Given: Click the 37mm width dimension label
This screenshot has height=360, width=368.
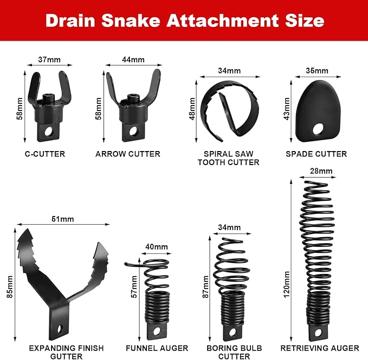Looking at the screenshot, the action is click(49, 60).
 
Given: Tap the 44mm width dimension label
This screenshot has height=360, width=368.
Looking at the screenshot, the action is click(133, 60).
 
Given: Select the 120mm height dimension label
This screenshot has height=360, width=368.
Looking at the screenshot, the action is click(287, 285).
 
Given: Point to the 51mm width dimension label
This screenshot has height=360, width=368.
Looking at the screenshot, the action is click(63, 219).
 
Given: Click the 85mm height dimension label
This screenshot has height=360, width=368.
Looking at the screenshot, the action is click(9, 287).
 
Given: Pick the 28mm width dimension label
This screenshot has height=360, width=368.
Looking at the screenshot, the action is click(321, 171).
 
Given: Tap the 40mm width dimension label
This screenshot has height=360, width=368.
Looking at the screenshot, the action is click(157, 247).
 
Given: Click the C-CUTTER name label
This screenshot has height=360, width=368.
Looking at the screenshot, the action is click(45, 154).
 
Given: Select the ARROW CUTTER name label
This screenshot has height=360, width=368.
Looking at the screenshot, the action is click(128, 154).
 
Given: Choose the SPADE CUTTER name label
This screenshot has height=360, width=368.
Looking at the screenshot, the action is click(317, 154).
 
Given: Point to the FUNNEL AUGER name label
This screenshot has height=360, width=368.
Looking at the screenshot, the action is click(157, 348).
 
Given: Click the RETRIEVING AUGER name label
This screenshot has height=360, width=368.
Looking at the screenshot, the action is click(320, 348).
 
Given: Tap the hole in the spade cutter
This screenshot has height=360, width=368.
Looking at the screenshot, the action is click(318, 129).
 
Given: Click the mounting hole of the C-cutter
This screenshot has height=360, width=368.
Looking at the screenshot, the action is click(49, 133).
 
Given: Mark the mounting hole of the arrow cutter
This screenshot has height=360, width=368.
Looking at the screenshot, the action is click(133, 131).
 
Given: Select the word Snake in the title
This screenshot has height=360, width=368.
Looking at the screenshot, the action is click(131, 21).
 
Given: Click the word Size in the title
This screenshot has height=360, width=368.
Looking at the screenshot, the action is click(305, 21).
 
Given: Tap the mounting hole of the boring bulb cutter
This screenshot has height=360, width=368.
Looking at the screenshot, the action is click(233, 332).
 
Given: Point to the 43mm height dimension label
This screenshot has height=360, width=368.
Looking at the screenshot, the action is click(287, 109).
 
